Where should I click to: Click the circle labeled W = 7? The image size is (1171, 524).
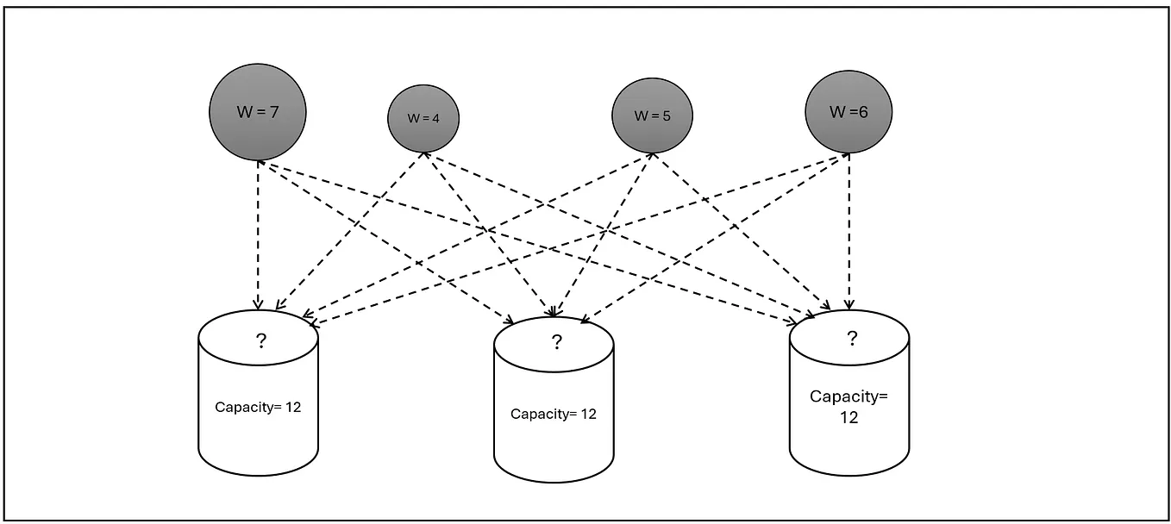pyautogui.click(x=257, y=111)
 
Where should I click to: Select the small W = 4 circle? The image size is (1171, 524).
pyautogui.click(x=423, y=119)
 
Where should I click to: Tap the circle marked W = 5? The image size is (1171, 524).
pyautogui.click(x=652, y=115)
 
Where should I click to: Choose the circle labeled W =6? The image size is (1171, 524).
pyautogui.click(x=849, y=111)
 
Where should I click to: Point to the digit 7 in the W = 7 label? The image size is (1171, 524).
pyautogui.click(x=273, y=111)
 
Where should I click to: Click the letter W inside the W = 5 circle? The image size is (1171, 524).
pyautogui.click(x=641, y=115)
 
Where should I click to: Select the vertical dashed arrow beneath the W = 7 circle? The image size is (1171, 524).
pyautogui.click(x=257, y=233)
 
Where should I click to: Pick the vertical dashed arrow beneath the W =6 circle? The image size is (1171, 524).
pyautogui.click(x=849, y=233)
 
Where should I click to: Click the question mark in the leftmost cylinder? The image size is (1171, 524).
pyautogui.click(x=260, y=341)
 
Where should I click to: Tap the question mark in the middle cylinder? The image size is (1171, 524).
pyautogui.click(x=556, y=343)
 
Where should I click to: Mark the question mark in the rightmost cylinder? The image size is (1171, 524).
pyautogui.click(x=852, y=338)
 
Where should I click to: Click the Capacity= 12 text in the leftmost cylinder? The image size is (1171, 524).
pyautogui.click(x=258, y=407)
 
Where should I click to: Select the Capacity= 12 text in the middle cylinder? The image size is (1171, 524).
pyautogui.click(x=554, y=414)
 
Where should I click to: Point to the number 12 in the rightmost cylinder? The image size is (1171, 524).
pyautogui.click(x=849, y=418)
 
